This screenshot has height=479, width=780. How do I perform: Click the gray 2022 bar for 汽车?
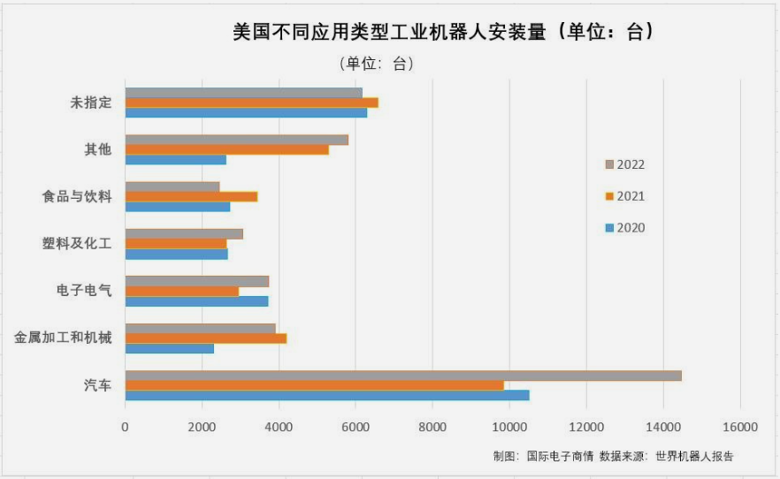pyautogui.click(x=402, y=376)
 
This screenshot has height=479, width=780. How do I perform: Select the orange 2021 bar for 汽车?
pyautogui.click(x=314, y=385)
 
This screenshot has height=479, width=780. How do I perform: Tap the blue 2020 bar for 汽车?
pyautogui.click(x=327, y=395)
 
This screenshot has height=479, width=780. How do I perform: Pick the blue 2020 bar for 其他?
pyautogui.click(x=175, y=160)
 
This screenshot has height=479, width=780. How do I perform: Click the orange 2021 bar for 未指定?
pyautogui.click(x=251, y=103)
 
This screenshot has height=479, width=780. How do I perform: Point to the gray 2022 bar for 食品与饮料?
pyautogui.click(x=172, y=186)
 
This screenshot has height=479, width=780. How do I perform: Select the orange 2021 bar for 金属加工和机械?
pyautogui.click(x=205, y=338)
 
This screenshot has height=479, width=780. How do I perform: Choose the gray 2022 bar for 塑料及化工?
pyautogui.click(x=183, y=234)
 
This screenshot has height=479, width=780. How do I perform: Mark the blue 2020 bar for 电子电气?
pyautogui.click(x=196, y=301)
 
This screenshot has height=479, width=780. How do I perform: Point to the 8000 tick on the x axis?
pyautogui.click(x=432, y=428)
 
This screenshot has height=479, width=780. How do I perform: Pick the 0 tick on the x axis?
pyautogui.click(x=125, y=428)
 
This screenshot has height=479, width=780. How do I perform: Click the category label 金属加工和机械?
pyautogui.click(x=63, y=338)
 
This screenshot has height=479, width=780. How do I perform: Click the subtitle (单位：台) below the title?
pyautogui.click(x=376, y=64)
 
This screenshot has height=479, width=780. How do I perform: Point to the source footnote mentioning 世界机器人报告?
pyautogui.click(x=613, y=456)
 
